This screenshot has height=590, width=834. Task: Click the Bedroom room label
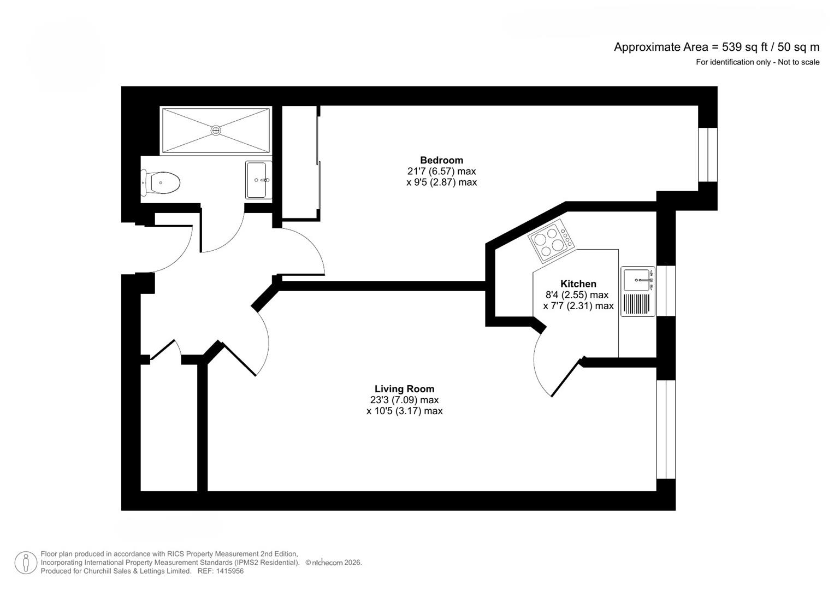click(x=441, y=160)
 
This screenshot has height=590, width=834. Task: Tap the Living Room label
click(x=404, y=389)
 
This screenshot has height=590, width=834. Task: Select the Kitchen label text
click(x=578, y=284)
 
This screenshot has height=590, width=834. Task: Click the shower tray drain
click(x=216, y=130)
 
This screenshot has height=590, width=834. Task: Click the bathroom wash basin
click(x=257, y=180)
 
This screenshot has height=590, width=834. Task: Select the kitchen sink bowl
click(x=636, y=280)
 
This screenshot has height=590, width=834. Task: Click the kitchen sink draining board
click(x=636, y=304)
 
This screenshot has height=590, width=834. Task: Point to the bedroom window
click(x=708, y=155)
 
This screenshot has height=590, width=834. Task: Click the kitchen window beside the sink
click(x=666, y=291)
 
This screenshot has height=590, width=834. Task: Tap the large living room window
click(x=666, y=429)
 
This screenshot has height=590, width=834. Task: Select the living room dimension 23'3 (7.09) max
click(x=404, y=400)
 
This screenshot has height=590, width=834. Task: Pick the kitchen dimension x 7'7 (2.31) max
click(x=578, y=306)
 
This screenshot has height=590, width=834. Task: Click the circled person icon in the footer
click(x=26, y=563)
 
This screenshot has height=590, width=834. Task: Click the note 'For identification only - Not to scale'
click(x=757, y=62)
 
